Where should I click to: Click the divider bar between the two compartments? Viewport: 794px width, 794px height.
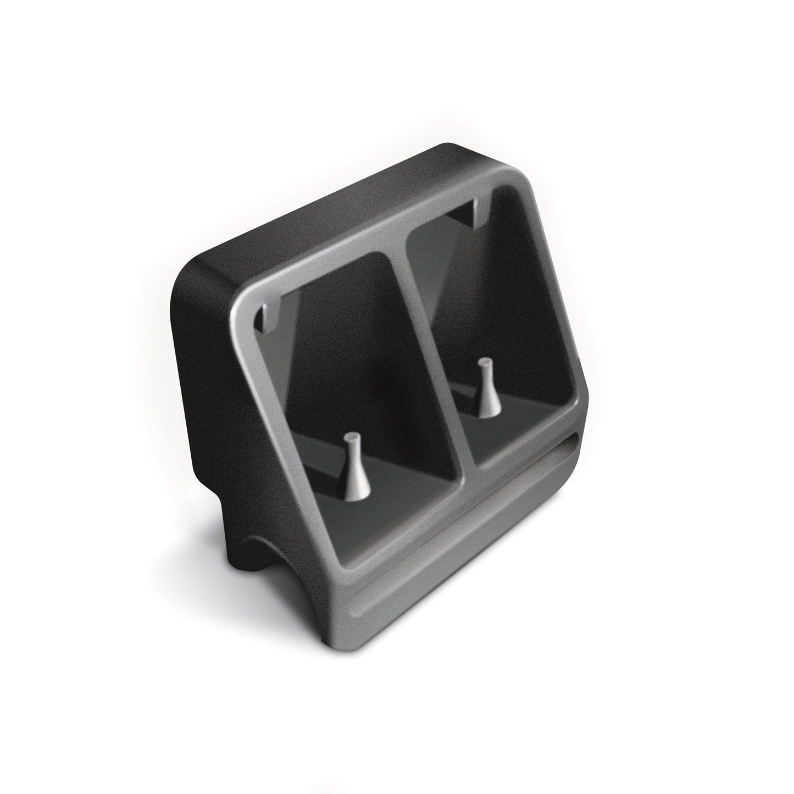tap(434, 352)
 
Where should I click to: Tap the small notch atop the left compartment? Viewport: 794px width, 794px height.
tap(268, 319)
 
